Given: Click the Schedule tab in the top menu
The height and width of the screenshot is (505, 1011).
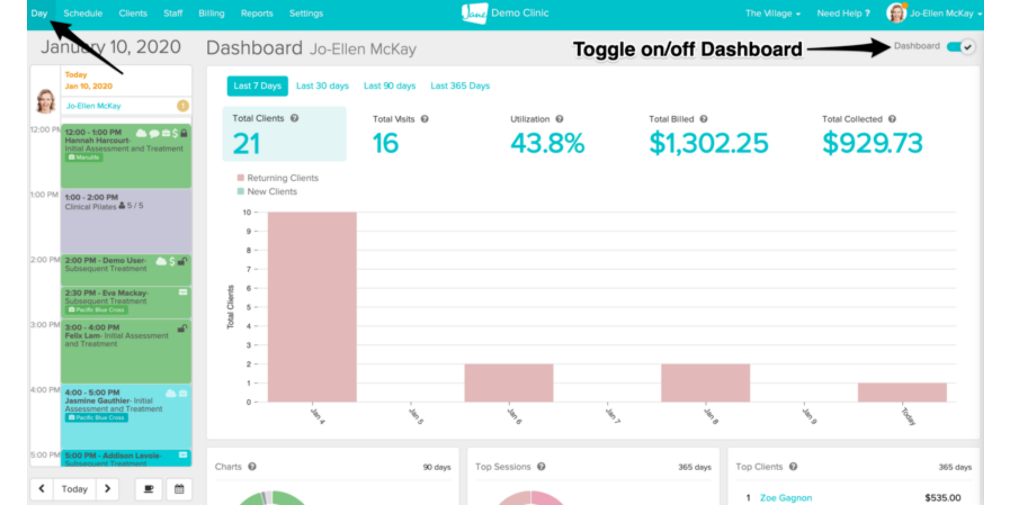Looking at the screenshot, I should tap(83, 14).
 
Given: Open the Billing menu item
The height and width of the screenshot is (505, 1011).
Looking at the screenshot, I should tap(211, 14).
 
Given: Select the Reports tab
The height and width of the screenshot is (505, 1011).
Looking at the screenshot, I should tap(257, 14).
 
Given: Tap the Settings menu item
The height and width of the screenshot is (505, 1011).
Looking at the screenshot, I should tap(306, 14).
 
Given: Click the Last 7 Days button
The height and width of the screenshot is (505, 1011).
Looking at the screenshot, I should tap(257, 86).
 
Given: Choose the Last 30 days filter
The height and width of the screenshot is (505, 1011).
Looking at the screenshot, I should tap(322, 86).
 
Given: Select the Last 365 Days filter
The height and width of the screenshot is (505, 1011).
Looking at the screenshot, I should tap(460, 86).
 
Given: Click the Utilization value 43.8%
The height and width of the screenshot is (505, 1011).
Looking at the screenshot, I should tap(547, 143).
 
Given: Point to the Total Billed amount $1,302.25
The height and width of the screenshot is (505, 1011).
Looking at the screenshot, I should tap(708, 143).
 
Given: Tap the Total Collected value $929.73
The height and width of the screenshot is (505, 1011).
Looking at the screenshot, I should tap(872, 143).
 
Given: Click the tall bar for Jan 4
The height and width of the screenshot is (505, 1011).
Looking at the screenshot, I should tap(312, 307).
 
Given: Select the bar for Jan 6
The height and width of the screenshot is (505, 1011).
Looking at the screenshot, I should tap(509, 383).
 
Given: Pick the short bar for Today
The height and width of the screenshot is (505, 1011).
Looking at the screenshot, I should tap(902, 392).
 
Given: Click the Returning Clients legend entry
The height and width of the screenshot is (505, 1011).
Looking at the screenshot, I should tap(282, 178).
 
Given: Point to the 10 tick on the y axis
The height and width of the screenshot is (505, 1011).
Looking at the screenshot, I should tap(247, 213).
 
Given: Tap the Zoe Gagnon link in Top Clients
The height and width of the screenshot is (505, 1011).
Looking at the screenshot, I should tap(786, 498).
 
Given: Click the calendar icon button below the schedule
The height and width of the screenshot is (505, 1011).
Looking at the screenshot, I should tap(179, 489).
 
